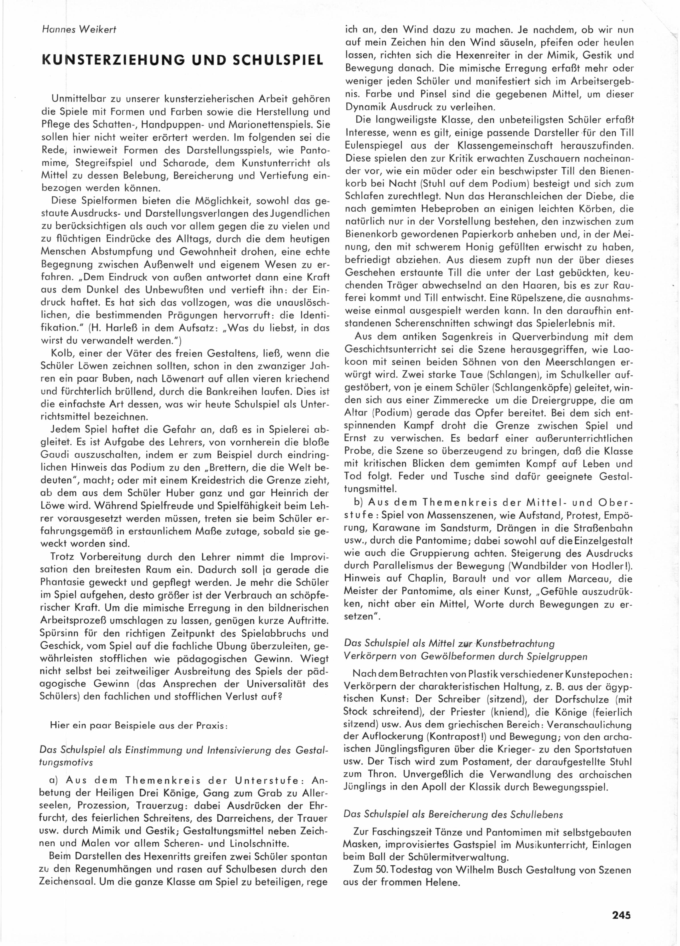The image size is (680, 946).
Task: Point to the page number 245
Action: tap(621, 915)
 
